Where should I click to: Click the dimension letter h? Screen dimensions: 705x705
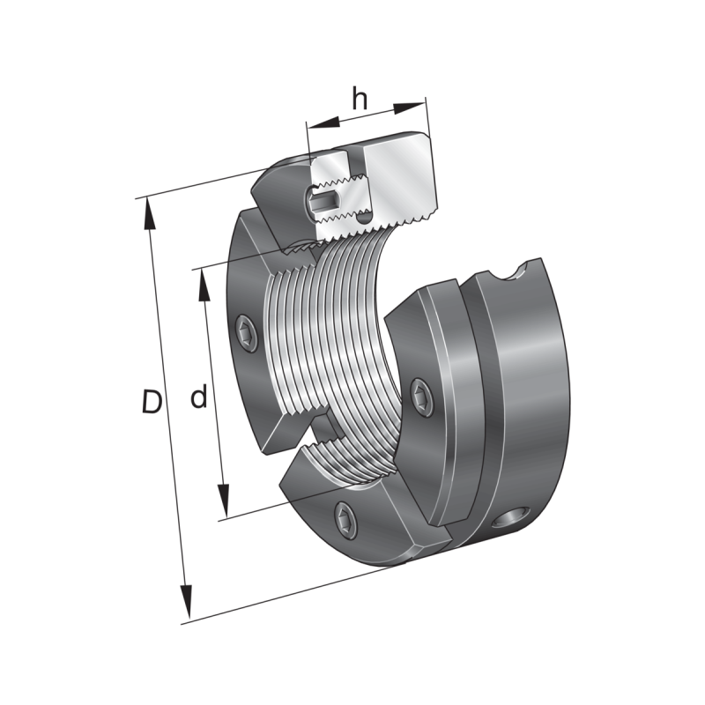(x=360, y=99)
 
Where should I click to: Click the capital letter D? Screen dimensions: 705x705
(x=152, y=402)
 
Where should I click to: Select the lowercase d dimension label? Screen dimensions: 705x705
(x=199, y=396)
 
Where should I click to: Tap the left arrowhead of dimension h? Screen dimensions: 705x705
(x=323, y=122)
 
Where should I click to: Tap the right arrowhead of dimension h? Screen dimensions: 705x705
(x=409, y=108)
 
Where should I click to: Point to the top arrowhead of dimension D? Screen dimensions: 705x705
(x=150, y=214)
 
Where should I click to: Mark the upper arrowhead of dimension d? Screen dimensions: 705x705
(x=204, y=285)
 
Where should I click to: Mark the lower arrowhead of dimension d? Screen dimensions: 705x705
(x=224, y=501)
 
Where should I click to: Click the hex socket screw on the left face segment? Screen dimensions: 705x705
(x=247, y=334)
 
